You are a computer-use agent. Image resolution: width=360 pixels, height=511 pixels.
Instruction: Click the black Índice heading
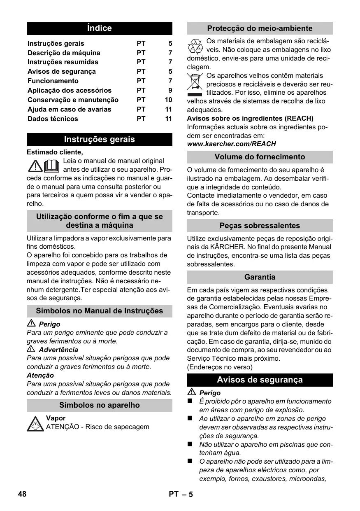tap(100, 28)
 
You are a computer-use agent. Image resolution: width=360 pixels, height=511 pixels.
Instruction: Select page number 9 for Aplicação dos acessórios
tap(170, 91)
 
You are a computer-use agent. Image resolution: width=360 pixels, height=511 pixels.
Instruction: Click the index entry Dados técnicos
tap(53, 119)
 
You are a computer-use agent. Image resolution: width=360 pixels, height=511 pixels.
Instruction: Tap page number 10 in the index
tap(168, 100)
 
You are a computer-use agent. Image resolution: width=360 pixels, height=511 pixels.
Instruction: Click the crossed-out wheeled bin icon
tap(195, 84)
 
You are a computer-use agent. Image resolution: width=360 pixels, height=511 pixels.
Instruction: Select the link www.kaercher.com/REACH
tap(231, 144)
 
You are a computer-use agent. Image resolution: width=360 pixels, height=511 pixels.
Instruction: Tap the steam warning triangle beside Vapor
tap(35, 423)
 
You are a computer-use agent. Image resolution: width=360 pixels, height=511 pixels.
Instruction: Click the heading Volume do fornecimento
tap(260, 157)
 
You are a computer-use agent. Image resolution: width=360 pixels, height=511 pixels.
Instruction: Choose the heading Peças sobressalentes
tap(260, 226)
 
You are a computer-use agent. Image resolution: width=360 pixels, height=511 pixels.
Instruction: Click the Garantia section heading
tap(260, 277)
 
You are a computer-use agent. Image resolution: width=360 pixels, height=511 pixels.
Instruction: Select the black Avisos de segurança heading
tap(260, 380)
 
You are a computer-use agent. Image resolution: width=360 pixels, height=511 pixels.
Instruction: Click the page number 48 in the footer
tap(22, 494)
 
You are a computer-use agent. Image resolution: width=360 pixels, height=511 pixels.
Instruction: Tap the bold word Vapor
tap(56, 418)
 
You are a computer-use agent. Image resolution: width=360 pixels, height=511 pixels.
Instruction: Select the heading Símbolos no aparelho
tap(100, 405)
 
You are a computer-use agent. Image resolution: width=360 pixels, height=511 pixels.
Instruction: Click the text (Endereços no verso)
tap(220, 367)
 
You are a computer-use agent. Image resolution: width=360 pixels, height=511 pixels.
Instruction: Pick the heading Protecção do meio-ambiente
tap(260, 28)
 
